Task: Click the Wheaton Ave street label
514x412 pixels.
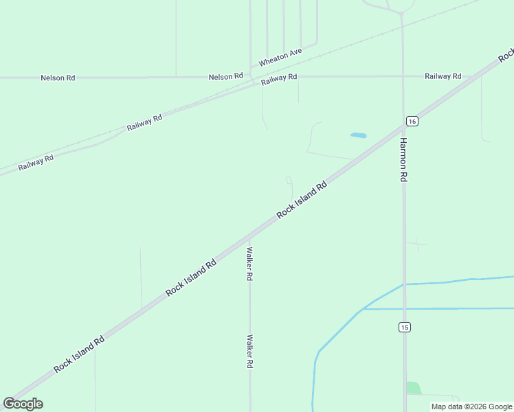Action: point(280,57)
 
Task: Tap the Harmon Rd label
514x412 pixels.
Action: point(404,159)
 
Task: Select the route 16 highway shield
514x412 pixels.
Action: point(412,121)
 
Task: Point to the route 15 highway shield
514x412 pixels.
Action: point(404,328)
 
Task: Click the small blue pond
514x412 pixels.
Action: point(358,135)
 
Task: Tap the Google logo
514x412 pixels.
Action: point(23,404)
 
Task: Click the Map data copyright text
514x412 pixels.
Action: point(472,407)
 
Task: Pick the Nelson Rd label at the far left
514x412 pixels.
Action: point(58,78)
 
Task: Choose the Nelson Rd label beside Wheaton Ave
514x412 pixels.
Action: point(226,76)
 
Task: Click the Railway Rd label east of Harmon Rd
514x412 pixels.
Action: point(443,76)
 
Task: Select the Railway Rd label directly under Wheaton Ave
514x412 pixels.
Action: point(279,78)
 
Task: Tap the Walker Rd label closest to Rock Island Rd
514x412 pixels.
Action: point(249,264)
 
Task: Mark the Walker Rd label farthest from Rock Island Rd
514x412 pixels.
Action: point(249,352)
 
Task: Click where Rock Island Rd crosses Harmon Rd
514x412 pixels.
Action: point(403,125)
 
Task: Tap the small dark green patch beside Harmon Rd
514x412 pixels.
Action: point(413,388)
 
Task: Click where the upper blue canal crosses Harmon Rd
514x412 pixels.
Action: point(403,284)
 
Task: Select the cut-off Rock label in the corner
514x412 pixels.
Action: point(506,54)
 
